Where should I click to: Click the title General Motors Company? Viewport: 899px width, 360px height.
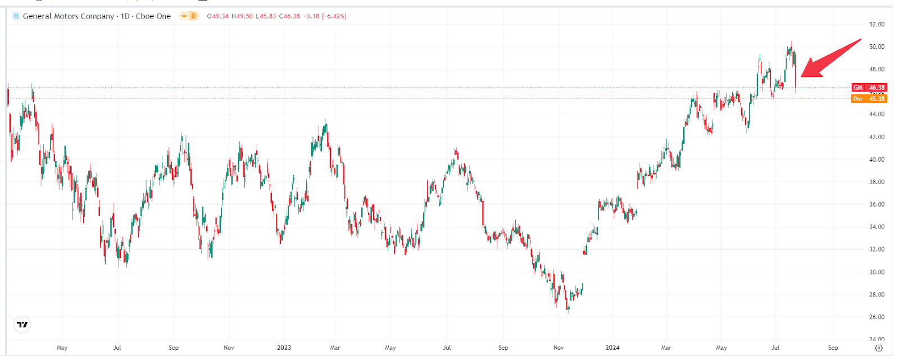pyautogui.click(x=69, y=16)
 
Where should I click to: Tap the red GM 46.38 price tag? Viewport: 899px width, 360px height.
pyautogui.click(x=869, y=88)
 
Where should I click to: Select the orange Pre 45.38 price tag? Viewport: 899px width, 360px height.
pyautogui.click(x=869, y=99)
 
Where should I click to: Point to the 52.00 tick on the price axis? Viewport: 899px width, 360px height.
pyautogui.click(x=877, y=25)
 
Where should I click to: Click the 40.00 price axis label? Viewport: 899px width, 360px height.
pyautogui.click(x=877, y=160)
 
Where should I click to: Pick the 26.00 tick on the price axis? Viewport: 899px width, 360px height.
pyautogui.click(x=877, y=317)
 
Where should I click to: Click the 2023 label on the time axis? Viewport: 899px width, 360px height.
pyautogui.click(x=284, y=348)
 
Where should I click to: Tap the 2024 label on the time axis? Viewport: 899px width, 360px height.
pyautogui.click(x=612, y=348)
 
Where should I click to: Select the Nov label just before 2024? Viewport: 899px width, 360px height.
pyautogui.click(x=559, y=348)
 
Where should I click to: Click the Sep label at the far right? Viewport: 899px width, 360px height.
pyautogui.click(x=833, y=348)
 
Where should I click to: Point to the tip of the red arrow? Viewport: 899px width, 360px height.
pyautogui.click(x=802, y=76)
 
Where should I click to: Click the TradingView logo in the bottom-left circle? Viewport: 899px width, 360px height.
pyautogui.click(x=22, y=325)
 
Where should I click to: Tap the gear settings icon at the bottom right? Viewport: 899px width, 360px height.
pyautogui.click(x=879, y=348)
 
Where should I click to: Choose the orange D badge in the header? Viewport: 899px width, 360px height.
pyautogui.click(x=193, y=16)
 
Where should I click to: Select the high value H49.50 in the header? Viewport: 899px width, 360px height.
pyautogui.click(x=242, y=16)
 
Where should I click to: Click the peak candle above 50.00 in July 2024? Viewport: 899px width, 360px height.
pyautogui.click(x=791, y=44)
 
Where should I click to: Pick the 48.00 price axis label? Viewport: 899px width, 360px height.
pyautogui.click(x=877, y=70)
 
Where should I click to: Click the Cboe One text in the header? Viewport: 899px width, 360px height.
pyautogui.click(x=153, y=16)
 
